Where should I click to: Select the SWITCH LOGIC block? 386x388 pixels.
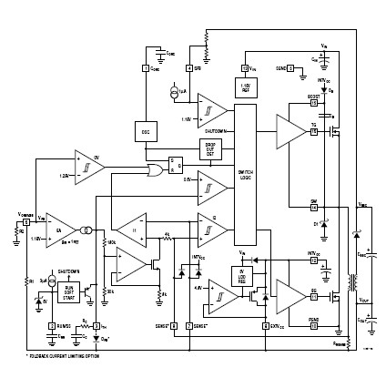click(246, 173)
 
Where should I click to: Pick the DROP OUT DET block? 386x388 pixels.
click(210, 148)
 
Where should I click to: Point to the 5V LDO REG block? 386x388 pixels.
click(242, 274)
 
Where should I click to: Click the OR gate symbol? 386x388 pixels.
click(156, 169)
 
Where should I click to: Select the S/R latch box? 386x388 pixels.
click(176, 165)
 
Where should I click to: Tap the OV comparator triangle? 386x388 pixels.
click(88, 164)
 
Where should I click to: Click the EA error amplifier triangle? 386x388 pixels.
click(61, 230)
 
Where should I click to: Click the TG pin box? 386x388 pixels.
click(313, 132)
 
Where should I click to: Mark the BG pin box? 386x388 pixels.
click(313, 297)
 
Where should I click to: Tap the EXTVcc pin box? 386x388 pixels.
click(313, 260)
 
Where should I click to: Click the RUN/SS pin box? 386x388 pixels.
click(50, 325)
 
